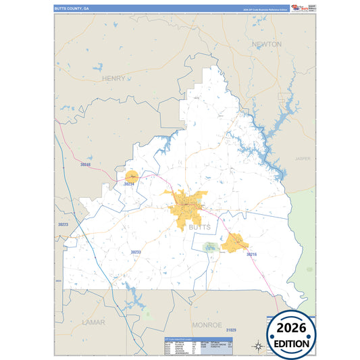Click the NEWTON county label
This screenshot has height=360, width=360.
tap(266, 44)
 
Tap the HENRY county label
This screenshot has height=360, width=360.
tap(113, 78)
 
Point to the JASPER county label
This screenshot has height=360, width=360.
tap(303, 159)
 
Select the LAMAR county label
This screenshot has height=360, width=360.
tap(93, 323)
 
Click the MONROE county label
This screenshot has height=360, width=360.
tap(207, 325)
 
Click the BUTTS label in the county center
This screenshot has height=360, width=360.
tap(199, 228)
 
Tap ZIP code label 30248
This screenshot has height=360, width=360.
tap(85, 164)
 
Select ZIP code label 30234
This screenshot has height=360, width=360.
tap(130, 184)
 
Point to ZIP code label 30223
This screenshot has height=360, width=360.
tap(63, 224)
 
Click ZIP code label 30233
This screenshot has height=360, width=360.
tap(136, 252)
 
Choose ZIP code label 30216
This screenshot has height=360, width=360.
tap(252, 254)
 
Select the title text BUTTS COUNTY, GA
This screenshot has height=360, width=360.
tap(71, 8)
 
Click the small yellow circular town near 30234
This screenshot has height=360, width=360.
tap(131, 176)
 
